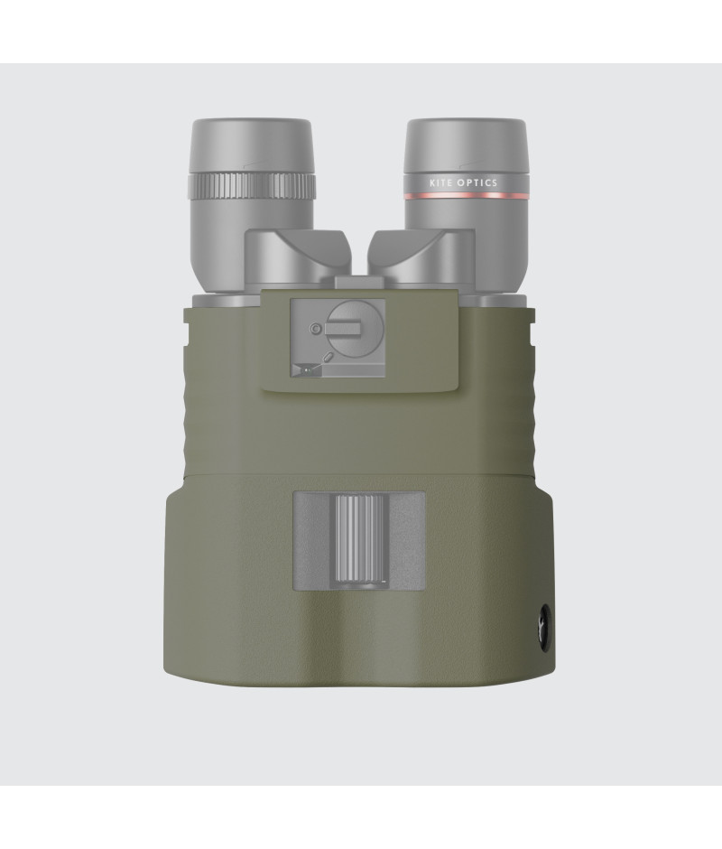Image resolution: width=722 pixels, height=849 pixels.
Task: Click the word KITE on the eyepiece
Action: tap(440, 183)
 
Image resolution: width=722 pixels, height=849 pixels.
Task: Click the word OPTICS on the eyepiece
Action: tap(477, 183)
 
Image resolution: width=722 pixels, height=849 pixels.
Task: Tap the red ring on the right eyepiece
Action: tap(467, 195)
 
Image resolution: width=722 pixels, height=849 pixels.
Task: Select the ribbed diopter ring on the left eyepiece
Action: tap(252, 186)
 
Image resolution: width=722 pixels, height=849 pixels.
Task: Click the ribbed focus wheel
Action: tap(359, 537)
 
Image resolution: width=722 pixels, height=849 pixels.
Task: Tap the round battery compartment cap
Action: tap(356, 329)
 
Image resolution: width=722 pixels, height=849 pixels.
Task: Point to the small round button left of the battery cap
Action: tap(315, 328)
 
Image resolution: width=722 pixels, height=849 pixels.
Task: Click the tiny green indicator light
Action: tap(307, 370)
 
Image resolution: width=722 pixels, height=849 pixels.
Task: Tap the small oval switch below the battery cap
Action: tap(328, 357)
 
